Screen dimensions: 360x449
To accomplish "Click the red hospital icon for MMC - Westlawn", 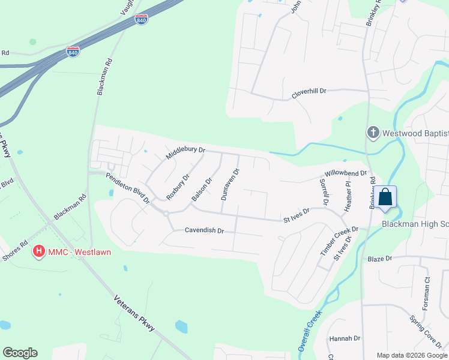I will click(39, 251).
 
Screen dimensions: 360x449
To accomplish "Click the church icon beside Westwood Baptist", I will click(372, 132).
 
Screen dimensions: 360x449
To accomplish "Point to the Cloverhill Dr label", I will click(309, 92).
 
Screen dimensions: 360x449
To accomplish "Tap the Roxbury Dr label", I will click(178, 187).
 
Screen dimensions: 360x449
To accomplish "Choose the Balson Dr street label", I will click(202, 188).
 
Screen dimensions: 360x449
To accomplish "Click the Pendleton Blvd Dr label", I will click(127, 188).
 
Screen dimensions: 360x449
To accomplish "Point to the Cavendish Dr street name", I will click(204, 230).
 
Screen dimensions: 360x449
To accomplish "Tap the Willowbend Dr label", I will click(343, 175).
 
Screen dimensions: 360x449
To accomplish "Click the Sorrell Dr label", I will click(325, 191).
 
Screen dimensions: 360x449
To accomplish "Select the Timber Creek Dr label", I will click(339, 239).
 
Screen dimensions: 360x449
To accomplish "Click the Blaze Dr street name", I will click(379, 258).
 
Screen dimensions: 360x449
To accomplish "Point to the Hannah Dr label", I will click(345, 338).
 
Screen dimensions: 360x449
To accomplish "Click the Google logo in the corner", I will click(20, 353).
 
